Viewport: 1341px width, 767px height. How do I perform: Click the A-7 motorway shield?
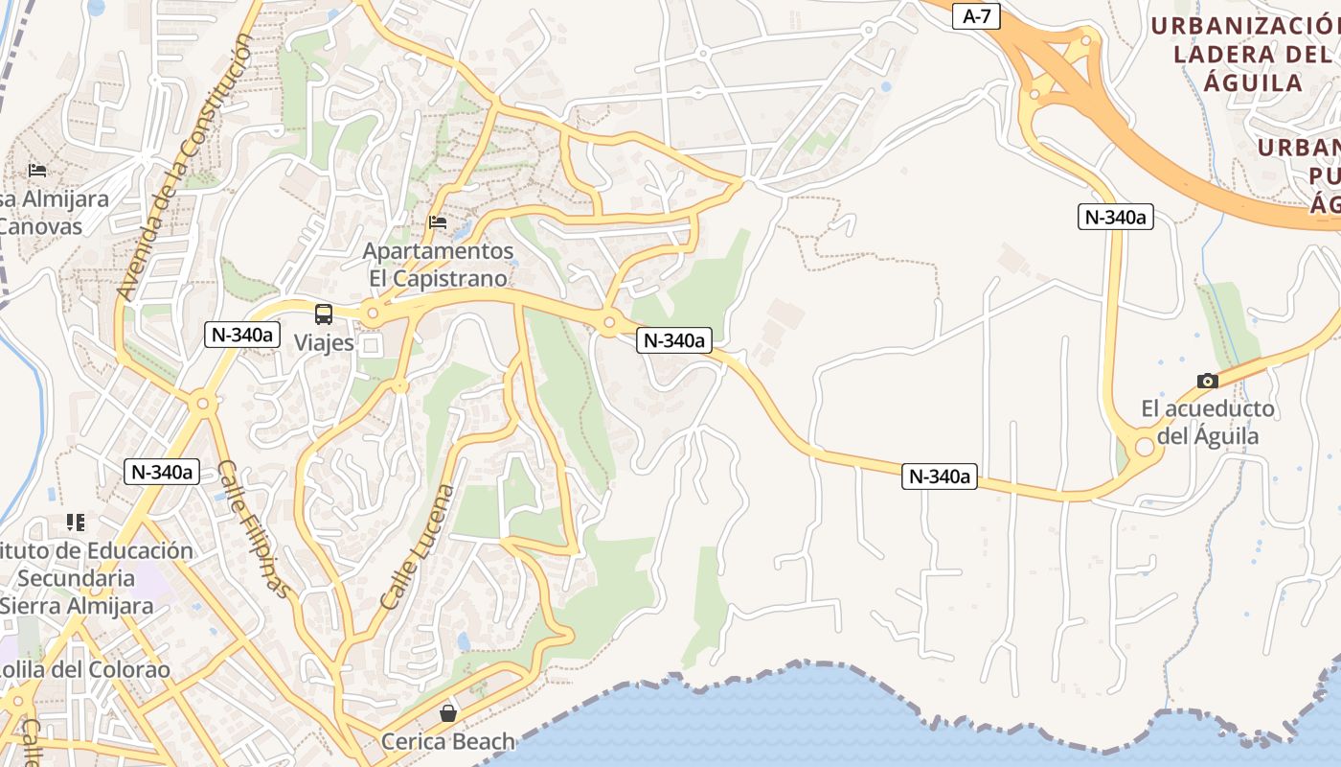point(976,16)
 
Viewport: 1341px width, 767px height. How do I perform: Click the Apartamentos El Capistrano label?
point(438,264)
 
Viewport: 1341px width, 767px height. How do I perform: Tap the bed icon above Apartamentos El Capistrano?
point(438,221)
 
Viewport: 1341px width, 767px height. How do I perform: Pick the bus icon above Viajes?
point(324,314)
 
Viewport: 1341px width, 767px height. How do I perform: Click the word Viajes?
point(324,342)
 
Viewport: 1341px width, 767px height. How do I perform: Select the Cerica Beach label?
point(447,741)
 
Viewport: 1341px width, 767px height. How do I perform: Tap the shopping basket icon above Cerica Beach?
point(447,713)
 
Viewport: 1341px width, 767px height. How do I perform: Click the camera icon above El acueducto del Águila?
point(1208,381)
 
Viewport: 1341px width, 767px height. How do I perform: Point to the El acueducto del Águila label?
point(1208,422)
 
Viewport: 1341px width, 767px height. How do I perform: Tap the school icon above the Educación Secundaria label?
point(76,523)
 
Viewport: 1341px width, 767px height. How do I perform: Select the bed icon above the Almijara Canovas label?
point(37,171)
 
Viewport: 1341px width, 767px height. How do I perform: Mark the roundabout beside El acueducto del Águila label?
point(1144,447)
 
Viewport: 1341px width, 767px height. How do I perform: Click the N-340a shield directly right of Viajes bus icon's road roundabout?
point(674,339)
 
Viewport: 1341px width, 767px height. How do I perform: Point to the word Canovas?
point(40,227)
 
